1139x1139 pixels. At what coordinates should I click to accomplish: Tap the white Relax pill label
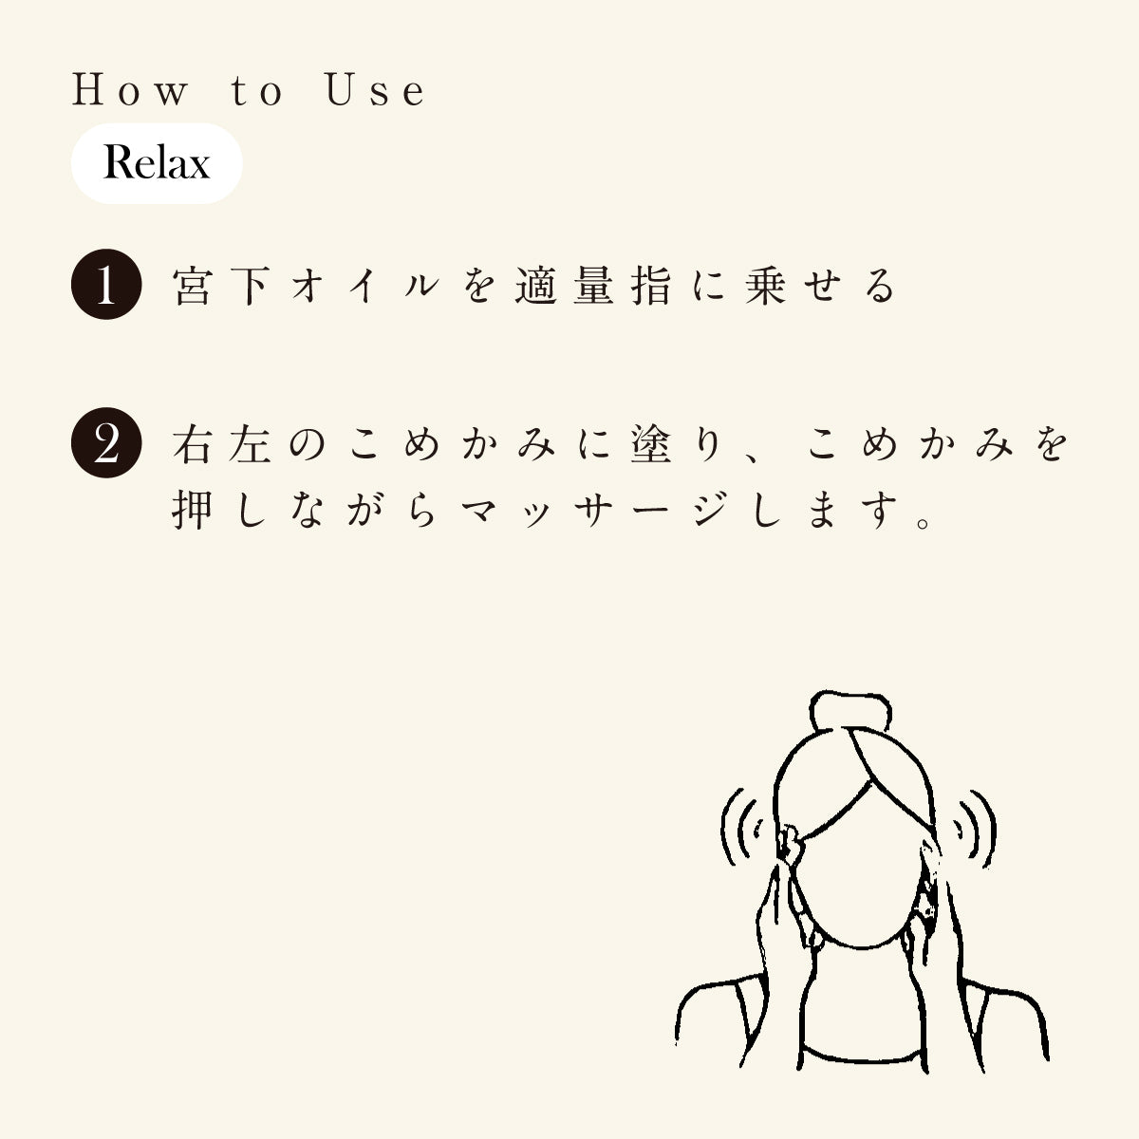pos(157,163)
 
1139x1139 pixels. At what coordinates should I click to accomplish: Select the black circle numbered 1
pos(106,286)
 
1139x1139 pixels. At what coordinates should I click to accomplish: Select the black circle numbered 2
pos(106,444)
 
